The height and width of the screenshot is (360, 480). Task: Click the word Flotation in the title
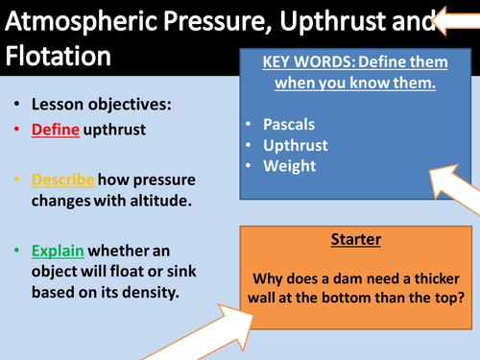pyautogui.click(x=64, y=57)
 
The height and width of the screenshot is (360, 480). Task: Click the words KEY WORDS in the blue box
pyautogui.click(x=304, y=62)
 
